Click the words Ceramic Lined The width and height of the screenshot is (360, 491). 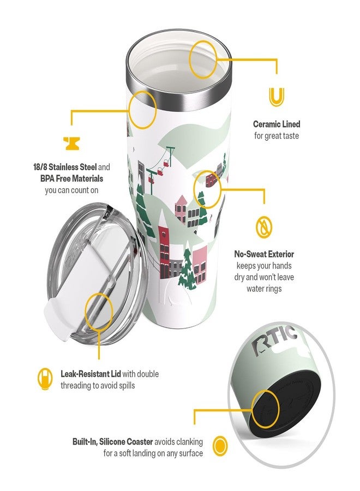(277, 124)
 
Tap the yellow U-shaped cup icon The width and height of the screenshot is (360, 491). (277, 97)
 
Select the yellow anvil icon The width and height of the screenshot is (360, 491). (71, 143)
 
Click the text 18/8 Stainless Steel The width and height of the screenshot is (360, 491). (65, 167)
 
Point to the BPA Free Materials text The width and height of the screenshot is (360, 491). (71, 178)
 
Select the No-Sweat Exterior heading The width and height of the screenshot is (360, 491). (264, 254)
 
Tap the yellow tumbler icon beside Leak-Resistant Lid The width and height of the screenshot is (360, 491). (45, 379)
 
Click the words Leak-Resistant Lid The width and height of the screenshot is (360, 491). (91, 374)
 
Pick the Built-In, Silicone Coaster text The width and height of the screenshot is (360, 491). (113, 442)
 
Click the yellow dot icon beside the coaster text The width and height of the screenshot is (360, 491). (220, 446)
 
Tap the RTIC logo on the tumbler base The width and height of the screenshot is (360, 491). (275, 340)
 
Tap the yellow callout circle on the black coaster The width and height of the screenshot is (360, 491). (265, 409)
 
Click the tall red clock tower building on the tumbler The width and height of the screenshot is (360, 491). (164, 244)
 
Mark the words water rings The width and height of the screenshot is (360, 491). (264, 289)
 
